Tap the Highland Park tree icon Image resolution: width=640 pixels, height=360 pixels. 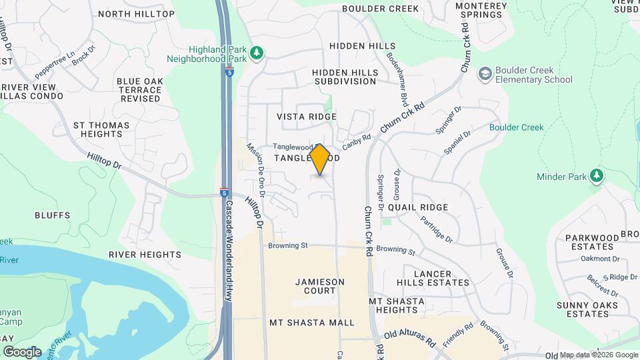click(x=256, y=52)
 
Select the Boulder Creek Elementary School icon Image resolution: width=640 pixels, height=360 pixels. click(x=485, y=73)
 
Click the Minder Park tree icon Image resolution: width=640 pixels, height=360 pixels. click(x=597, y=176)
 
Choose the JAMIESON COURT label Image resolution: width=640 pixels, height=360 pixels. click(x=320, y=286)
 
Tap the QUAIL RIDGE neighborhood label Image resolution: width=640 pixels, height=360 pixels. click(x=417, y=207)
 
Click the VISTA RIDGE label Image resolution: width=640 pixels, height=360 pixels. click(x=307, y=117)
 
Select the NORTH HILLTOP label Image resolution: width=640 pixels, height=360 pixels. click(x=136, y=13)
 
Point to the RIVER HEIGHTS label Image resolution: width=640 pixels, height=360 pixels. click(x=145, y=255)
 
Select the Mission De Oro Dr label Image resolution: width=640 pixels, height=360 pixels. click(x=255, y=170)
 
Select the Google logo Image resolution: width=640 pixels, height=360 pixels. click(x=22, y=351)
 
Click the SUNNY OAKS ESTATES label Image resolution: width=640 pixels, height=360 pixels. click(x=587, y=309)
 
